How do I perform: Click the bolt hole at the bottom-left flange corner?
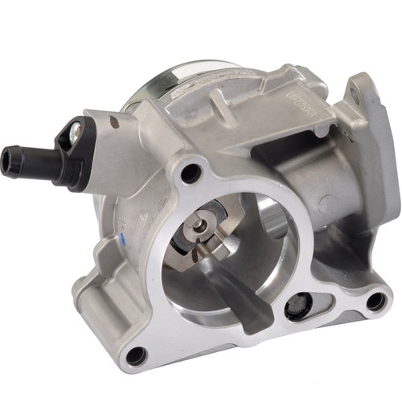pyautogui.click(x=135, y=354)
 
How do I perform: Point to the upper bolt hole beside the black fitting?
pyautogui.click(x=191, y=171)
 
